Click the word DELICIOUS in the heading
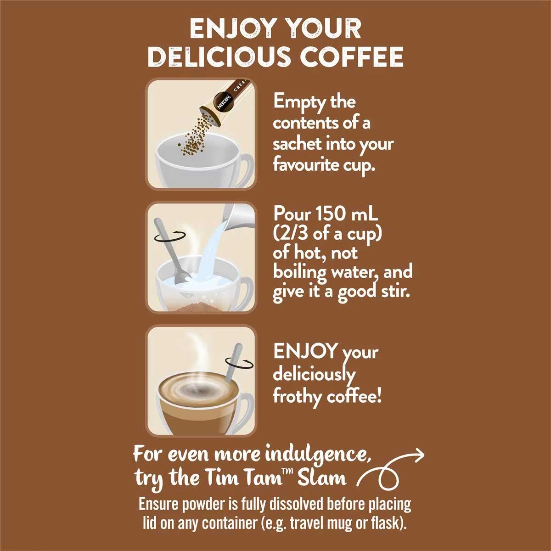(219, 56)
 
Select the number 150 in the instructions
(329, 214)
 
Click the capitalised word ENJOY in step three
(305, 351)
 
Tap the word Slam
(322, 478)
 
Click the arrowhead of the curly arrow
(419, 454)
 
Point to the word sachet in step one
(298, 144)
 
